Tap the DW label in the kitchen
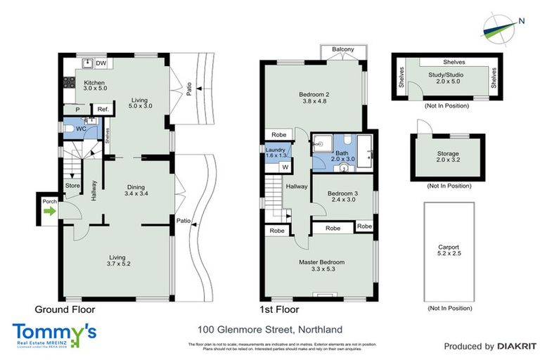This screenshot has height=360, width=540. click(101, 63)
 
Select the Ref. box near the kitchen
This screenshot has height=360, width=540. click(103, 109)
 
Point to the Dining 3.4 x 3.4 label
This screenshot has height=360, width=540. click(135, 191)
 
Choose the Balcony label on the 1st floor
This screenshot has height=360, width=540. click(342, 49)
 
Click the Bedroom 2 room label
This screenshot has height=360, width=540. click(314, 98)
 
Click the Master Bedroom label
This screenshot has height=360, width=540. click(321, 266)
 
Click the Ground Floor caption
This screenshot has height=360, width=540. click(65, 309)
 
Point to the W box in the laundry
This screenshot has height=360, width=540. click(285, 167)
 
